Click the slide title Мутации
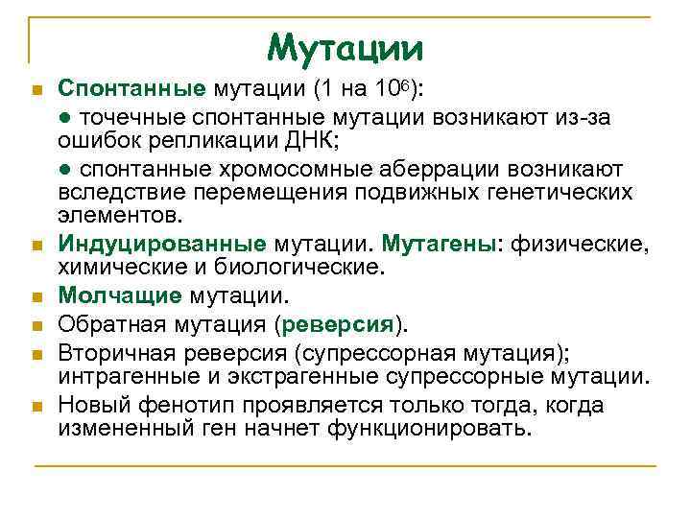coord(345,45)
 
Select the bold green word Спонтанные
coord(131,89)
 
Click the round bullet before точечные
coord(64,117)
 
